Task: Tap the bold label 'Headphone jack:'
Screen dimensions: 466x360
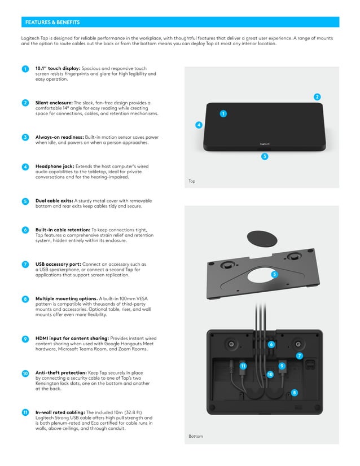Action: pos(54,166)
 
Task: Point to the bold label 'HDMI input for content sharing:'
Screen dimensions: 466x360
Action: pos(72,338)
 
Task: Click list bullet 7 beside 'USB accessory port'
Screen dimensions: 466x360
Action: pos(25,265)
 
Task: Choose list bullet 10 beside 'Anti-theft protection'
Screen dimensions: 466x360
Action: pos(25,373)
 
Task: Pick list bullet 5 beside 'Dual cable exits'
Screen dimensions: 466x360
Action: pos(25,201)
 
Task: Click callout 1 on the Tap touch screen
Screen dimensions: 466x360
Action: pos(223,114)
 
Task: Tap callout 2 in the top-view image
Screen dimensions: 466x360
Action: pos(317,97)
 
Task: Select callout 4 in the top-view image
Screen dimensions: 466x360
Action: pos(199,125)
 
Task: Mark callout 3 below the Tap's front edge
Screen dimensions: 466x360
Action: pos(264,156)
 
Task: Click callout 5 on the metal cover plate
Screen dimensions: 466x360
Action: pos(274,274)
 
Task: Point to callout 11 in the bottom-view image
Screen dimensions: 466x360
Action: pos(243,366)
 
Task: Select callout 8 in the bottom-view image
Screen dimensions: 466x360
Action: pos(294,392)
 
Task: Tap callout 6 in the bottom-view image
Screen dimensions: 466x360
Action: pos(271,344)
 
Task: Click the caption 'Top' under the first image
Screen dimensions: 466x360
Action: pos(192,182)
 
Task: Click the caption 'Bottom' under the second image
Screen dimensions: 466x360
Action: pos(195,436)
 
